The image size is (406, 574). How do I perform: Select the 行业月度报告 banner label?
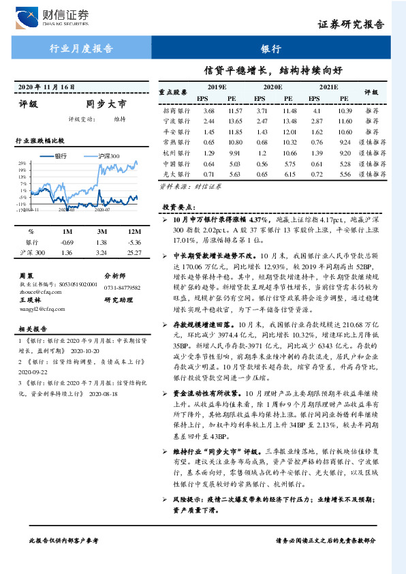(x=82, y=48)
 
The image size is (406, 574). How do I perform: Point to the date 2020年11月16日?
(x=47, y=87)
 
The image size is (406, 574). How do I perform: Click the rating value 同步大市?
(x=106, y=104)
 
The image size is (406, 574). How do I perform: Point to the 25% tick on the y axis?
(x=22, y=164)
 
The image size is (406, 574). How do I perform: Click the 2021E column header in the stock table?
(x=328, y=88)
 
